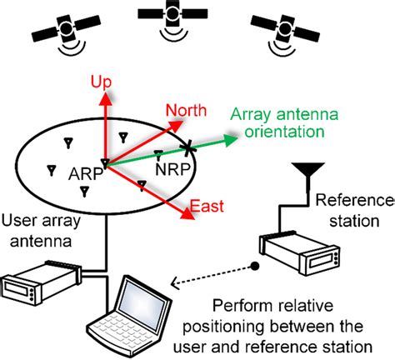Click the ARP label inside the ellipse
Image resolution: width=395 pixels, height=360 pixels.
pyautogui.click(x=85, y=176)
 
